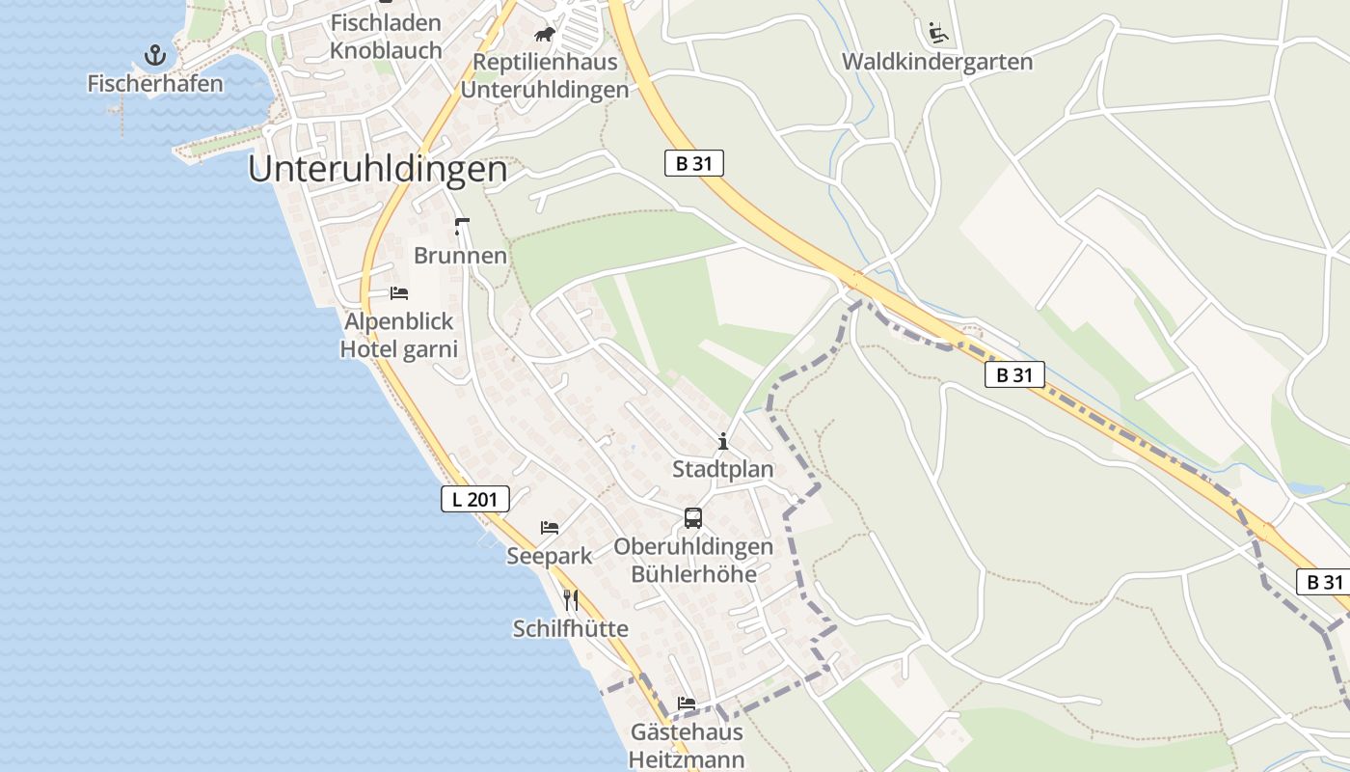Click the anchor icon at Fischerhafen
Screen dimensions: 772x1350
coord(155,55)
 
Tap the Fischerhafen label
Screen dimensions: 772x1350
coord(155,84)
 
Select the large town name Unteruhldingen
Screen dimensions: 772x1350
coord(377,169)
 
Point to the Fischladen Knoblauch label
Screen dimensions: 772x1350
coord(386,37)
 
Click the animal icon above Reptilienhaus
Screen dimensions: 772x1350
coord(545,35)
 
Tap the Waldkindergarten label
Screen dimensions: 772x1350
coord(936,63)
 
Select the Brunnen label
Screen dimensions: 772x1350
coord(460,256)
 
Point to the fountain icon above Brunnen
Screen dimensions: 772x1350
coord(461,227)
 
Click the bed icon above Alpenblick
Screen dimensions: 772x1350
coord(399,292)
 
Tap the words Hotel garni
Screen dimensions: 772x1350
coord(399,348)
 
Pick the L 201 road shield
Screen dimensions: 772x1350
coord(474,499)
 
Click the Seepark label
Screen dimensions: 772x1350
coord(549,557)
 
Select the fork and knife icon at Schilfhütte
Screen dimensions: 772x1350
coord(571,600)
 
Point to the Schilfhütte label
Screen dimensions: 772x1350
coord(570,629)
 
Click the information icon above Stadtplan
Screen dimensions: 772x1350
coord(723,442)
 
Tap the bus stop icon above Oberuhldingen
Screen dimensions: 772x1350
coord(693,518)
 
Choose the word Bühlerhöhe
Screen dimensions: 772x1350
coord(693,574)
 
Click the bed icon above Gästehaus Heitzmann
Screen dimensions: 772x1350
coord(687,703)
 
